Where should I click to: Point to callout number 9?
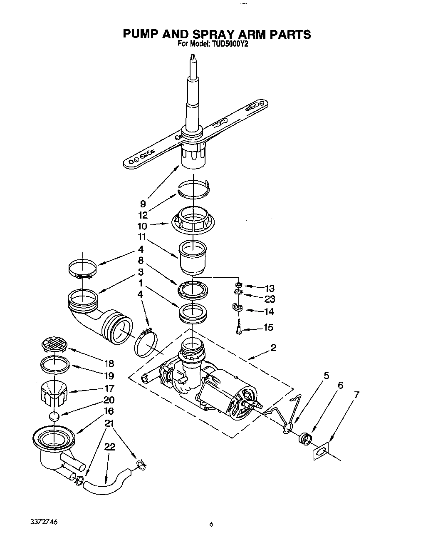click(x=143, y=204)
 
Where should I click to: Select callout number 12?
click(x=143, y=215)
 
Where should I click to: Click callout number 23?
click(x=269, y=299)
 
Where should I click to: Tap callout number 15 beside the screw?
click(x=268, y=328)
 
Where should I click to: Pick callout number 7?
click(x=356, y=394)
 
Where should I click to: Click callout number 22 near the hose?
click(x=109, y=447)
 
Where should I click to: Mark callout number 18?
click(x=109, y=363)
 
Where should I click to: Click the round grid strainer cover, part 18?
click(x=54, y=344)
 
